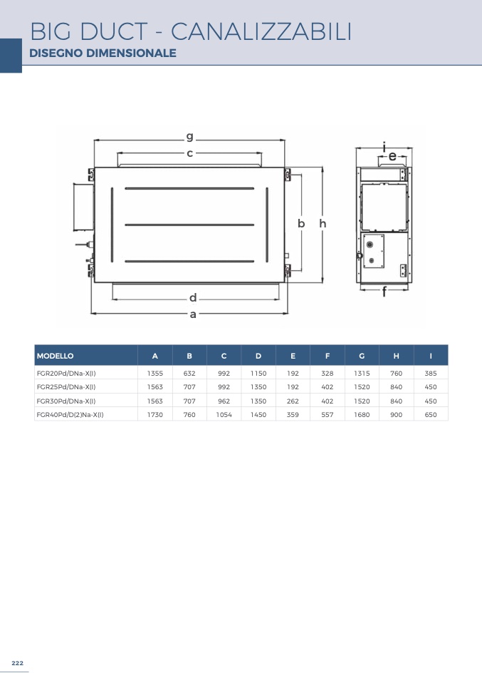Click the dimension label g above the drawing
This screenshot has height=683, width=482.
189,137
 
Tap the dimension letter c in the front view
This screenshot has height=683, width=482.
189,153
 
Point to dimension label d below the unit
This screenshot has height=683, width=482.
193,298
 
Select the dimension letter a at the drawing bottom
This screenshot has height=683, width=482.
193,314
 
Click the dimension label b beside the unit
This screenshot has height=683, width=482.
301,223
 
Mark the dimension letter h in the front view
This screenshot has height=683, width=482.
323,223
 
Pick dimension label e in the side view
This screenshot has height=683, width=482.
392,156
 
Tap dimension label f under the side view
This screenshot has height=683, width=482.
384,292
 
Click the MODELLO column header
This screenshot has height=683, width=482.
56,356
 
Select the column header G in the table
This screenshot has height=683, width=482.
362,356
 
